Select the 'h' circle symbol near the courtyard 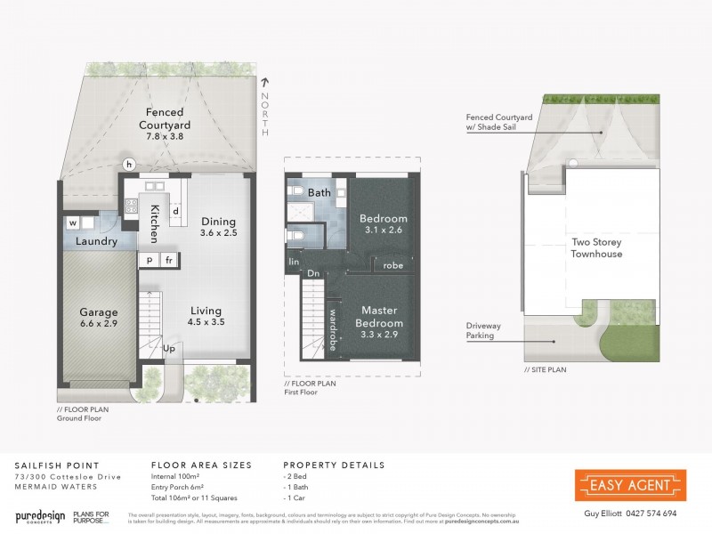[129, 165]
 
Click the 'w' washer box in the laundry [75, 222]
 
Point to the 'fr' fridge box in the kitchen [169, 260]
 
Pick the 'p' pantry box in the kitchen [149, 260]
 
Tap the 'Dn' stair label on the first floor [313, 274]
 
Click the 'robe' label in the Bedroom [392, 265]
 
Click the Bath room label [319, 192]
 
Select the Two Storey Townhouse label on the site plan [595, 247]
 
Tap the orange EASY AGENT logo [630, 485]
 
